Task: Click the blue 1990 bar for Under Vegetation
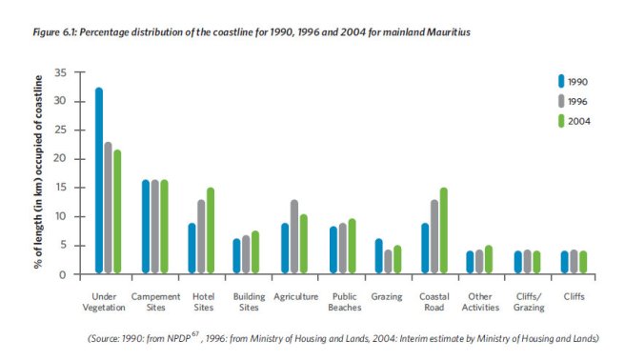[x=98, y=181]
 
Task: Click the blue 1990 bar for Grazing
[x=377, y=256]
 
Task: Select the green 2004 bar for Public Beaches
[x=351, y=247]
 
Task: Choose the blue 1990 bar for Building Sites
[x=237, y=256]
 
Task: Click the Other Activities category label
[x=480, y=302]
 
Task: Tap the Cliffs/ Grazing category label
[x=527, y=302]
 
